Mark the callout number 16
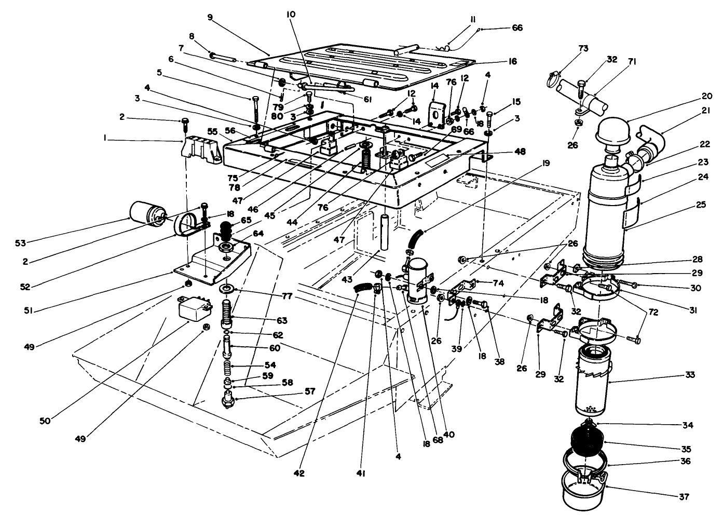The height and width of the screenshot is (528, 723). [512, 61]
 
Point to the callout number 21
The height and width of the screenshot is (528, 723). [689, 111]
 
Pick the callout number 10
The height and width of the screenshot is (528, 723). [290, 15]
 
